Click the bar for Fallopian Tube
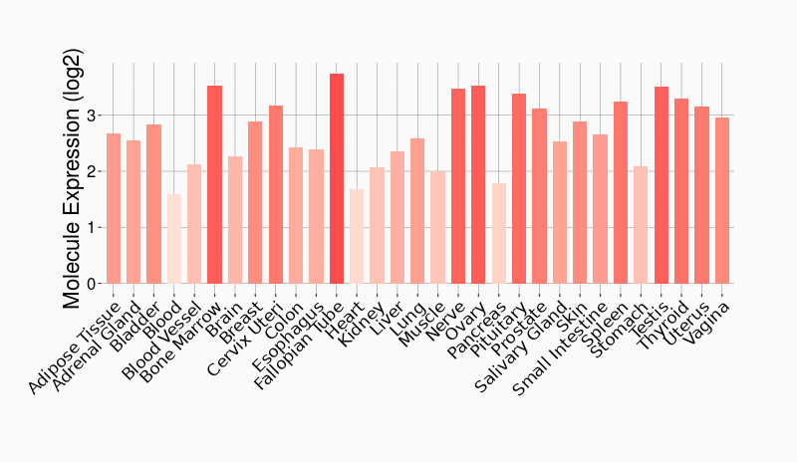click(x=337, y=179)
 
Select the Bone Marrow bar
click(x=214, y=185)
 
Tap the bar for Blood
click(x=174, y=239)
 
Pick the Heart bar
click(x=357, y=236)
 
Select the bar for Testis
click(x=662, y=185)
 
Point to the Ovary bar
click(x=478, y=185)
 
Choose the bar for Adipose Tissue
click(x=114, y=209)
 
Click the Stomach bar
click(x=641, y=225)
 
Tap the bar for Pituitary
click(x=519, y=189)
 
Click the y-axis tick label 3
click(x=92, y=115)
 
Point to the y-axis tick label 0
click(x=92, y=284)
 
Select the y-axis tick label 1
click(x=92, y=228)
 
